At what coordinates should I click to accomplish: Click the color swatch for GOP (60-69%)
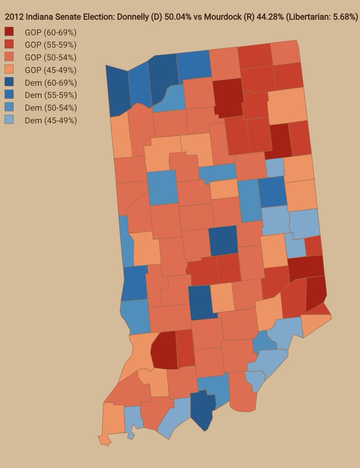[x=9, y=32]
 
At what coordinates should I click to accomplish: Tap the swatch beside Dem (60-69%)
[x=9, y=83]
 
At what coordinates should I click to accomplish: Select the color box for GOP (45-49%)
[x=9, y=70]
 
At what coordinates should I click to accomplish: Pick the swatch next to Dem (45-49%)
[x=9, y=121]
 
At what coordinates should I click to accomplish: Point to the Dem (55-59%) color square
[x=9, y=95]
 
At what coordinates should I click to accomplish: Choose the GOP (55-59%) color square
[x=9, y=44]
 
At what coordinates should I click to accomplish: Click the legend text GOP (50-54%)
[x=50, y=57]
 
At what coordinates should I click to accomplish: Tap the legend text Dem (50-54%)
[x=51, y=108]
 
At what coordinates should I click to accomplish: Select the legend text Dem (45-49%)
[x=51, y=121]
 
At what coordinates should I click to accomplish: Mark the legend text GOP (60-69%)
[x=50, y=32]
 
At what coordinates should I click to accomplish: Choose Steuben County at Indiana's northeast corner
[x=286, y=53]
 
